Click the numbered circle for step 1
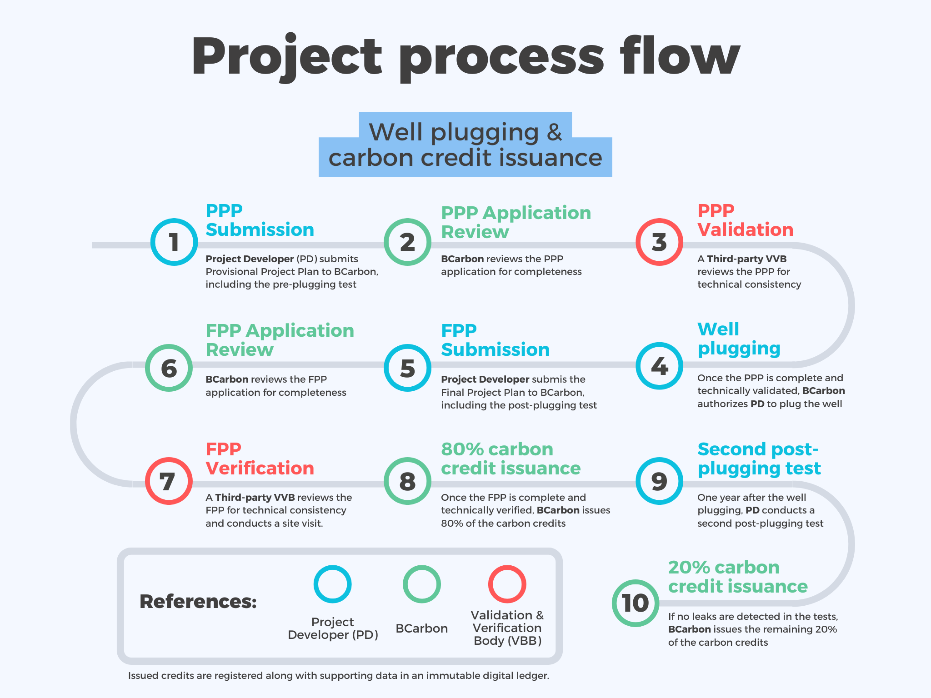(174, 242)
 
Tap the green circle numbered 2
(407, 242)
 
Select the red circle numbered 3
(659, 242)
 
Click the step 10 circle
(635, 603)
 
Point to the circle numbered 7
(169, 481)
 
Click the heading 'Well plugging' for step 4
(739, 339)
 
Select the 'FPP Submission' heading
(495, 340)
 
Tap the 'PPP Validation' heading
(745, 220)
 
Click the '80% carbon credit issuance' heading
(511, 459)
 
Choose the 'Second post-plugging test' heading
(759, 459)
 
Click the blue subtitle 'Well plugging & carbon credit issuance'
(465, 145)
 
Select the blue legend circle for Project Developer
(333, 584)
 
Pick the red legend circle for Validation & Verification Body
(507, 584)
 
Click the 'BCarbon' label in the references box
(421, 628)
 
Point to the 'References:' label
(198, 602)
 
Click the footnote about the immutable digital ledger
(338, 676)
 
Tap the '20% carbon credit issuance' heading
(737, 577)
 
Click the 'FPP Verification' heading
(260, 459)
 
